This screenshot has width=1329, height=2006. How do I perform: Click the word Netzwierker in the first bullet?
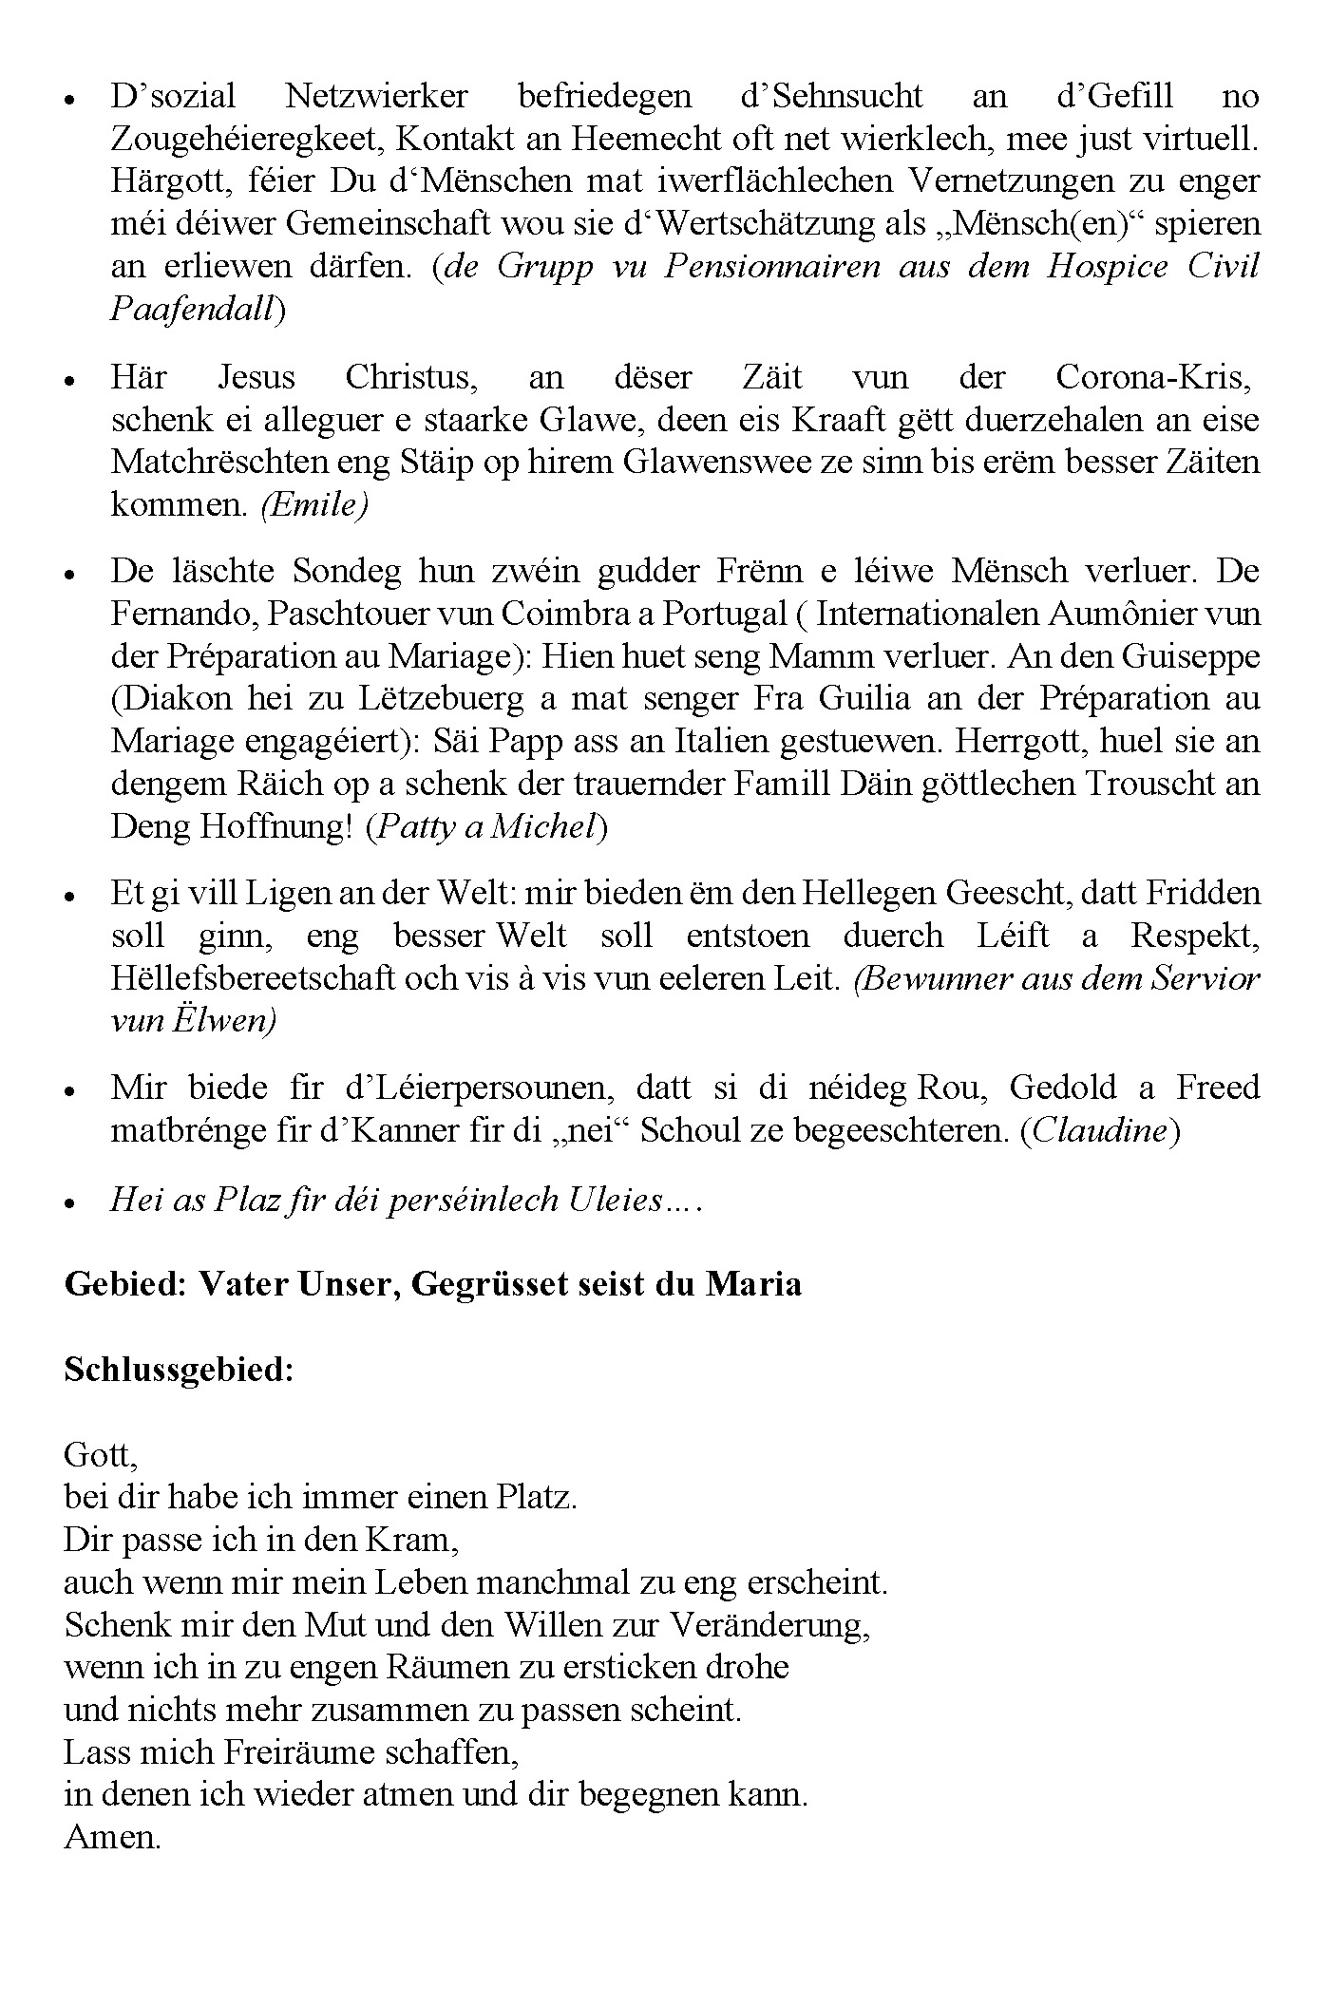(x=376, y=96)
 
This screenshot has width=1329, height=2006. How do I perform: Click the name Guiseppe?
(x=1194, y=656)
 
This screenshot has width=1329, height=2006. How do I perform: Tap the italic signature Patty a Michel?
(x=485, y=827)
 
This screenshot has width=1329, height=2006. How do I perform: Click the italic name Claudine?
(x=1099, y=1132)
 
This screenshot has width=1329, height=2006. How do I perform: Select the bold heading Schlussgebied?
(x=179, y=1370)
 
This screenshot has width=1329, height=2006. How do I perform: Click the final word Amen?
(x=112, y=1838)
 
